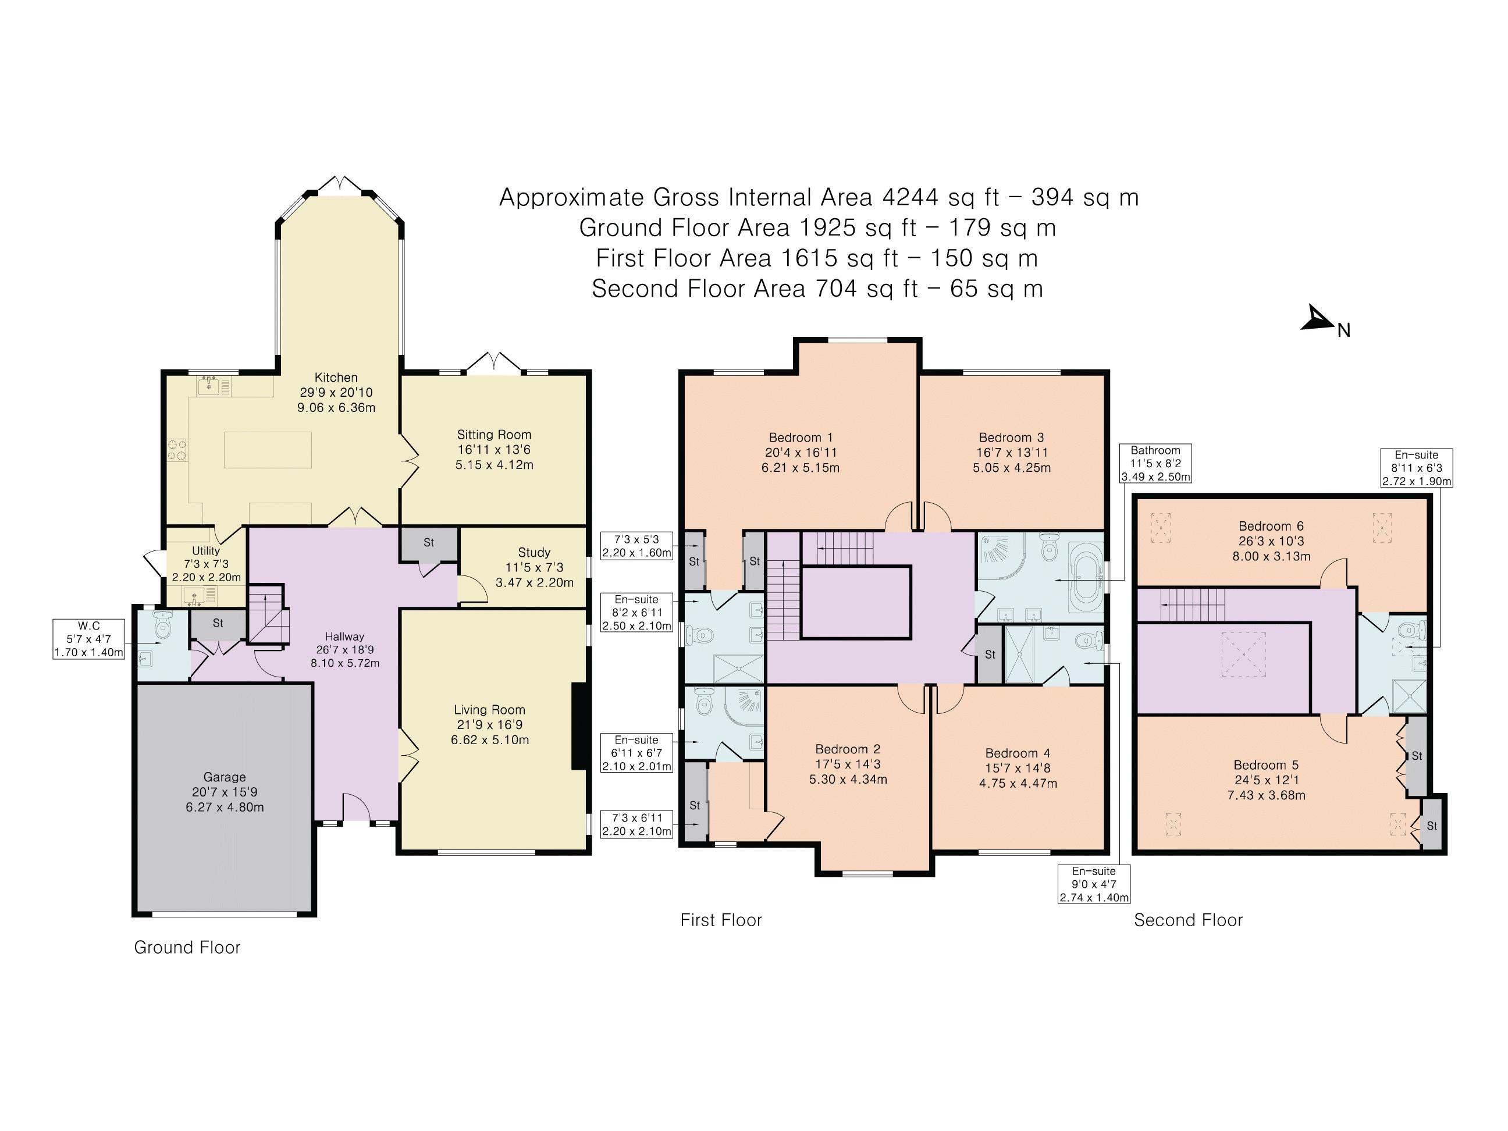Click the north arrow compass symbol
click(x=1318, y=321)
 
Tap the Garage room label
click(x=225, y=777)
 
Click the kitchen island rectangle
click(x=268, y=449)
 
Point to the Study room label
click(x=534, y=552)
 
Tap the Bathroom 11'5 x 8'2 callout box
click(x=1155, y=464)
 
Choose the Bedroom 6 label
click(x=1265, y=525)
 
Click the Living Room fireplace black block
click(x=579, y=726)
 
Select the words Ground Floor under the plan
click(x=187, y=947)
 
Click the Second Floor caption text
click(x=1188, y=920)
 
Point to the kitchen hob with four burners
click(x=177, y=450)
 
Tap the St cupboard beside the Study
click(x=429, y=543)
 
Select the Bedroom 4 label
click(x=1018, y=753)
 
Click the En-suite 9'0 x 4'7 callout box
click(x=1094, y=884)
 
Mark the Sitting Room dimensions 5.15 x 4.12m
click(x=495, y=465)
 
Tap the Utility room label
click(x=206, y=550)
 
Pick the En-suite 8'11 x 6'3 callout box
click(x=1417, y=468)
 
